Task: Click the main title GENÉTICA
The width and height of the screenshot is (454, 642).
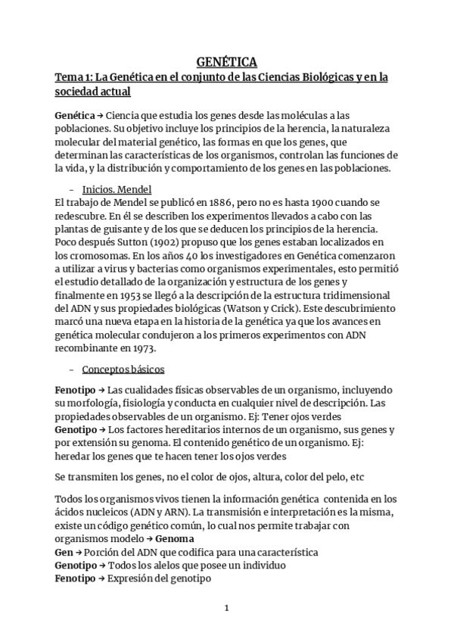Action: point(227,62)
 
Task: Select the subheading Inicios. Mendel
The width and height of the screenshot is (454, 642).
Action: point(118,189)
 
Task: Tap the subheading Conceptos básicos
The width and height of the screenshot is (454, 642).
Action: point(123,369)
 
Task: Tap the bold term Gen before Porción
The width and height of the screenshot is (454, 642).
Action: point(66,552)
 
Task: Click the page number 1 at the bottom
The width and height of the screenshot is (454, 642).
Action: point(226,608)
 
